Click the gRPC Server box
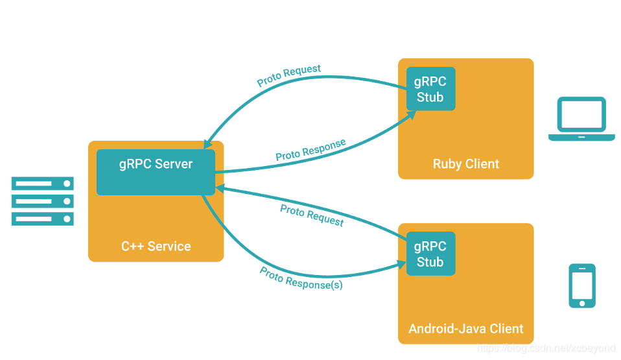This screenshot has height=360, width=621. [156, 172]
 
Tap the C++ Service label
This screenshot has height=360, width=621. [156, 246]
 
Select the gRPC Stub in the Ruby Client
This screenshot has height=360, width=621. [430, 89]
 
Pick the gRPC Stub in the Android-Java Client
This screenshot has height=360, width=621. [430, 254]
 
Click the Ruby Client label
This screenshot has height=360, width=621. [465, 163]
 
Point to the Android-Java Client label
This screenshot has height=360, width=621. [465, 329]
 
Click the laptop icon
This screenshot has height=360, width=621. [581, 119]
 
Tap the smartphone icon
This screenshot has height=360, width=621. [582, 285]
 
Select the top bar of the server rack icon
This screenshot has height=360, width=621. [43, 184]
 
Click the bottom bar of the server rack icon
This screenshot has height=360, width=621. [43, 219]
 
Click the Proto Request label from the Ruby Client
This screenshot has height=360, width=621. [288, 75]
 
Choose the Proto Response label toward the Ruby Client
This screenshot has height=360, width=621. [311, 150]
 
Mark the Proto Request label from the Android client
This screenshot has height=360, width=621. [312, 215]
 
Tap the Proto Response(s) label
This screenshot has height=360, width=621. [301, 278]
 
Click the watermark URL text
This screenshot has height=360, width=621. [546, 348]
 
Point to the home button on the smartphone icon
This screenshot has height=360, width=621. [582, 304]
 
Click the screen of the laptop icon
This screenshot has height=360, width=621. [581, 114]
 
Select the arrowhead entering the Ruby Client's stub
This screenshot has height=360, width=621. [411, 115]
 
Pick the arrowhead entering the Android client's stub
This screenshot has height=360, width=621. [402, 264]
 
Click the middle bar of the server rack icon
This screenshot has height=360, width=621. [43, 202]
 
